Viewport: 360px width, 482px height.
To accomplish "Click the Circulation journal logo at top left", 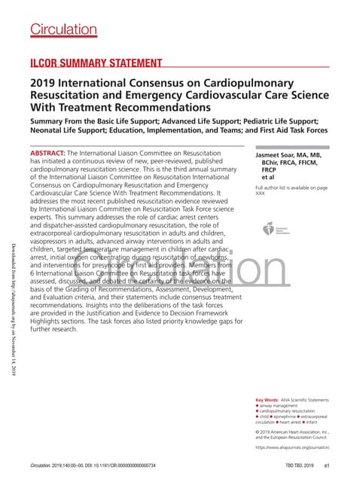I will (60, 29).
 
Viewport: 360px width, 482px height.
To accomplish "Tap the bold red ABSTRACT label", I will (47, 153).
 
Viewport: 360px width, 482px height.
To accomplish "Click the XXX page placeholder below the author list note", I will (261, 194).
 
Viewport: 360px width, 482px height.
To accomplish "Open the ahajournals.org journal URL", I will (293, 447).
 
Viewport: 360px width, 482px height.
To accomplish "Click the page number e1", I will (328, 466).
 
